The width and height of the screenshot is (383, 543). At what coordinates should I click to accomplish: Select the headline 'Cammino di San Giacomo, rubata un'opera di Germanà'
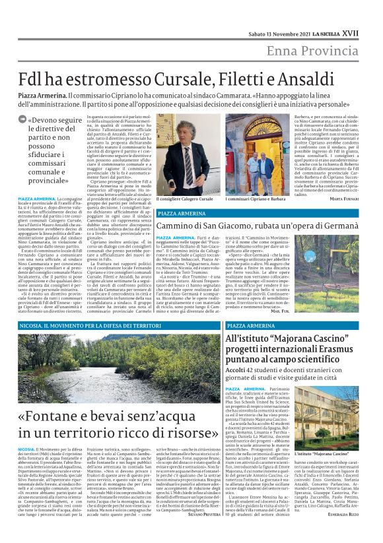(249, 226)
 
